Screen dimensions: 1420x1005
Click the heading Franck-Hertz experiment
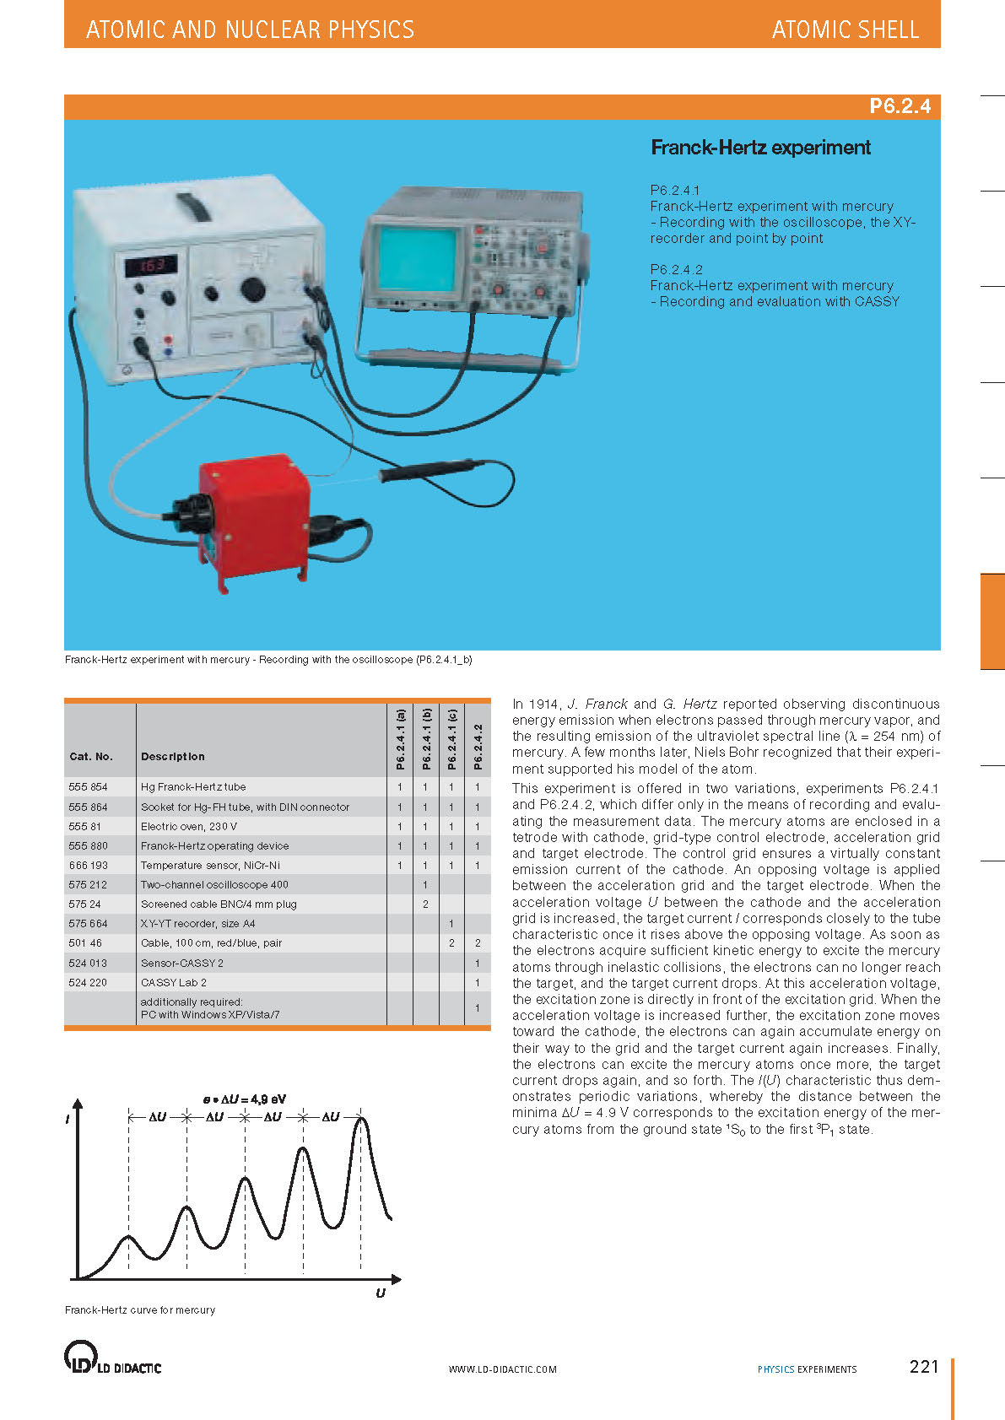760,148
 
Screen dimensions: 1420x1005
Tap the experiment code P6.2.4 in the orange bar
900,106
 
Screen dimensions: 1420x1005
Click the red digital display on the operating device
152,265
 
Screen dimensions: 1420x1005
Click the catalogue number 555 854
89,787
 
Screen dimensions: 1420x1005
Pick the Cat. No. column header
91,757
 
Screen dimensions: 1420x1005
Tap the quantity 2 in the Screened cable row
426,904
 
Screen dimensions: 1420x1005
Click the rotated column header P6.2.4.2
478,747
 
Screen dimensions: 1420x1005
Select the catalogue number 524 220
89,982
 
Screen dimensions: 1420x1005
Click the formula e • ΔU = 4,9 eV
245,1099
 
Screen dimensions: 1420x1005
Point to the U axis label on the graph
381,1293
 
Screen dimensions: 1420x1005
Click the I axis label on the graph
68,1119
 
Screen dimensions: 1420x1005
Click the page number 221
924,1366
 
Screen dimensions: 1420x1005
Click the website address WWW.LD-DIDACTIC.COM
502,1369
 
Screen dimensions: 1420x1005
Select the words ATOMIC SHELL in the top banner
845,30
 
